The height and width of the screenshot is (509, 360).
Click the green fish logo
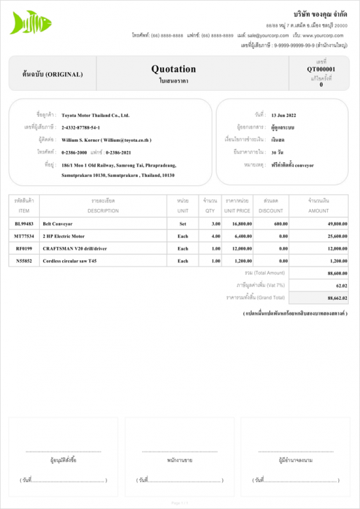(30, 22)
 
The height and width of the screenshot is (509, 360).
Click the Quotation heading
(173, 69)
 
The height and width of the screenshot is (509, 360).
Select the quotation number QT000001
(321, 69)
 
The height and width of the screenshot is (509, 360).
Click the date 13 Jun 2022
(283, 115)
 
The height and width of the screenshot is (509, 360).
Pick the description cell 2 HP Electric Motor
(64, 236)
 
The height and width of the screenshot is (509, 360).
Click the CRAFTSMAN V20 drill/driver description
(75, 248)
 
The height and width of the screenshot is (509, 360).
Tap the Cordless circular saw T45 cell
(69, 261)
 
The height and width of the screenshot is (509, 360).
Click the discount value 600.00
(281, 224)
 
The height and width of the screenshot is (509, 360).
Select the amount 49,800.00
(337, 224)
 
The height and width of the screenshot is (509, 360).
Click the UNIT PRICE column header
(237, 210)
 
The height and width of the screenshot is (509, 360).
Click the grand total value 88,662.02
(336, 298)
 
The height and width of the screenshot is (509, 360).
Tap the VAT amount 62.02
(341, 285)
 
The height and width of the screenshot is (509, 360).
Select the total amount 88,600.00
(337, 273)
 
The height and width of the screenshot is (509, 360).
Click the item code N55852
(24, 261)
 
